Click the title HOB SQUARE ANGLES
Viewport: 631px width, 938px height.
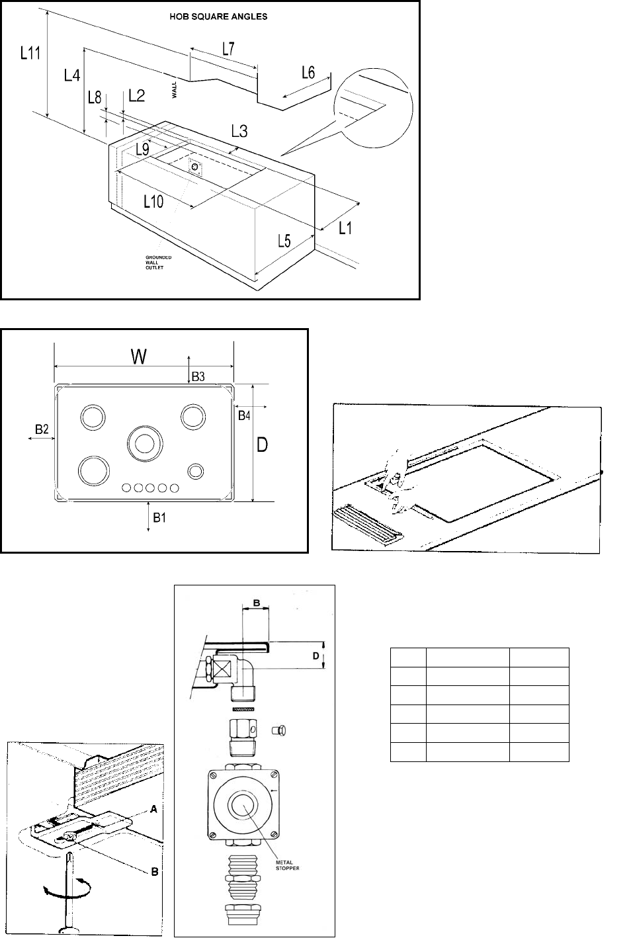click(218, 17)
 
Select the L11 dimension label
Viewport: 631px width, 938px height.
click(30, 53)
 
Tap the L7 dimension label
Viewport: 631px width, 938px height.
click(228, 49)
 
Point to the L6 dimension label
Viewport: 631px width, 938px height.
click(308, 73)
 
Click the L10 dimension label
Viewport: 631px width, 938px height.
click(153, 202)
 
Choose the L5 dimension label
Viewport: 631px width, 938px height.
click(284, 241)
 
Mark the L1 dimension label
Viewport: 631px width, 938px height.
click(345, 228)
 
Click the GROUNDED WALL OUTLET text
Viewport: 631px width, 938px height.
click(158, 263)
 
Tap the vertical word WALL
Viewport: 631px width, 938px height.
click(175, 89)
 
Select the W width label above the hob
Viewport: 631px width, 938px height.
click(139, 357)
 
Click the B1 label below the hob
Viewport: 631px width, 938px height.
click(159, 518)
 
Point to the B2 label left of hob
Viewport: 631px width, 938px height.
click(42, 429)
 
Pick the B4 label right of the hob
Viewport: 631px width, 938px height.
click(244, 415)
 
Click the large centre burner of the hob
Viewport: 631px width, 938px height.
click(145, 443)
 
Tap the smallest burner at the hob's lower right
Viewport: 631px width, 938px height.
click(196, 471)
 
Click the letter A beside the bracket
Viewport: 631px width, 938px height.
click(153, 810)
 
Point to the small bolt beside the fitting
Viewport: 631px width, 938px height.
click(279, 731)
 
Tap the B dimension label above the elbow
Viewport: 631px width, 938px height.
click(257, 603)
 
